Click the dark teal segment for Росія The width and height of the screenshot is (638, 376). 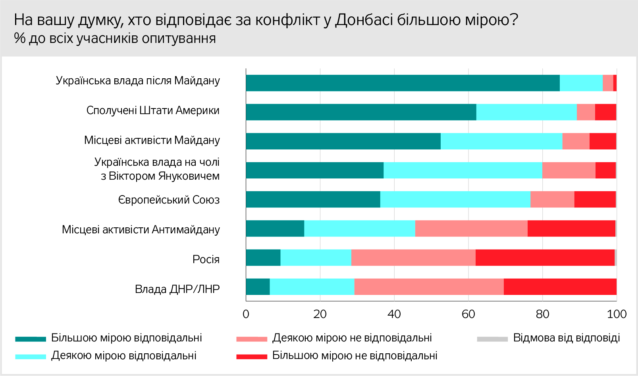(263, 258)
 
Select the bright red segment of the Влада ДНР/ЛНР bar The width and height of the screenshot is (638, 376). (560, 287)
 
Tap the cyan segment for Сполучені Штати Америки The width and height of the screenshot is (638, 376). (526, 112)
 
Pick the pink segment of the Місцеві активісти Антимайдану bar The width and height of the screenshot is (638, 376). (471, 229)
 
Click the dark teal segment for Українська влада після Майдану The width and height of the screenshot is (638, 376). (403, 83)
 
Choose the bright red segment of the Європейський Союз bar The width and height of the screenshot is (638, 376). (595, 199)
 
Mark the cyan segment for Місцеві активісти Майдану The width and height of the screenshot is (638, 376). (501, 141)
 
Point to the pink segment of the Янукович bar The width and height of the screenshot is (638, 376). (569, 170)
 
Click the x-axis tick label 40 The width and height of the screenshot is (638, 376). (394, 314)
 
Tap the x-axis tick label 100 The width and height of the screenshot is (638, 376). (617, 314)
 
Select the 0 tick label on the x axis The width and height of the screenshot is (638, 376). (246, 314)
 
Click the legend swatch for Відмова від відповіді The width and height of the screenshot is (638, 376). (492, 339)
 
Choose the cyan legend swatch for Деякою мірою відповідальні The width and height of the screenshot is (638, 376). (31, 357)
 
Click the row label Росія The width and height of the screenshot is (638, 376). (206, 260)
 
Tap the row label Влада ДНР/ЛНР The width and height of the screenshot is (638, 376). (177, 289)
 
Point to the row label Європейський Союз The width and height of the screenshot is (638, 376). (169, 200)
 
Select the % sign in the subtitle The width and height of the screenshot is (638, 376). (19, 38)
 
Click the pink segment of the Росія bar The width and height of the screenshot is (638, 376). (413, 258)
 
